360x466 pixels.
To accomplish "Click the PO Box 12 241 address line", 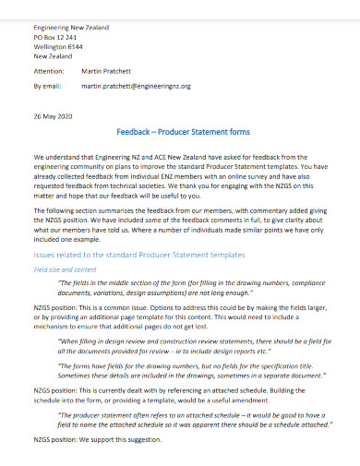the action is click(x=57, y=37).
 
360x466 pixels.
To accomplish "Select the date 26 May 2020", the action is click(x=52, y=116).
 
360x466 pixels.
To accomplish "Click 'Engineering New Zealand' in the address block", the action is click(x=70, y=28).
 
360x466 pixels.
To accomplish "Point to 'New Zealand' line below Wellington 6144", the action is click(x=53, y=55).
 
